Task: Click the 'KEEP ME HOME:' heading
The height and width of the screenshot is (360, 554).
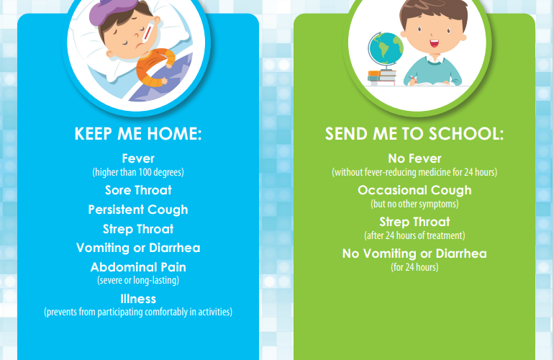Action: pyautogui.click(x=138, y=134)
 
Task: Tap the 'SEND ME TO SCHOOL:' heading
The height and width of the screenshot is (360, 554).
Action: pyautogui.click(x=414, y=134)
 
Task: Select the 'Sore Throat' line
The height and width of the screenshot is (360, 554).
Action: pyautogui.click(x=138, y=190)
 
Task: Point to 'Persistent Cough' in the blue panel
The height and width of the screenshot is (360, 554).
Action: pyautogui.click(x=138, y=210)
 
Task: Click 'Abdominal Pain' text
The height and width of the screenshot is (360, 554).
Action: pyautogui.click(x=138, y=267)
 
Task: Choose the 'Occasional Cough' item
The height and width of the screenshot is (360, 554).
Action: pyautogui.click(x=414, y=190)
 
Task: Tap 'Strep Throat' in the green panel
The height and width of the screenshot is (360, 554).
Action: pyautogui.click(x=414, y=222)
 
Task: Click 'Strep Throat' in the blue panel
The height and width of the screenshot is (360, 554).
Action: pyautogui.click(x=138, y=229)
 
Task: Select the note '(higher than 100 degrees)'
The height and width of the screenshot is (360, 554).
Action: pyautogui.click(x=138, y=172)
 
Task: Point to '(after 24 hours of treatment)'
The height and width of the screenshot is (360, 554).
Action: pyautogui.click(x=414, y=235)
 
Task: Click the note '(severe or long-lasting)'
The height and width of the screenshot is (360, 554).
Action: pyautogui.click(x=138, y=280)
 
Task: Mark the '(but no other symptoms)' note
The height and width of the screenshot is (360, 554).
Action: pyautogui.click(x=414, y=204)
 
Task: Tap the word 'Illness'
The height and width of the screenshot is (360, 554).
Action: pyautogui.click(x=138, y=300)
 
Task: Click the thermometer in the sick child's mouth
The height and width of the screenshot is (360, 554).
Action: pyautogui.click(x=147, y=35)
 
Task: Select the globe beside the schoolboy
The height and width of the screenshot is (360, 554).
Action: pyautogui.click(x=386, y=50)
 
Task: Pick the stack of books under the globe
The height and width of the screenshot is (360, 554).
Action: pyautogui.click(x=381, y=78)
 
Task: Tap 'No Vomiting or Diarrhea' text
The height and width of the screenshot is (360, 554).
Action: pyautogui.click(x=414, y=253)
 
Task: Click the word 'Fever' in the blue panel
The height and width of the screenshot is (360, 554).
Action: pyautogui.click(x=138, y=158)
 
